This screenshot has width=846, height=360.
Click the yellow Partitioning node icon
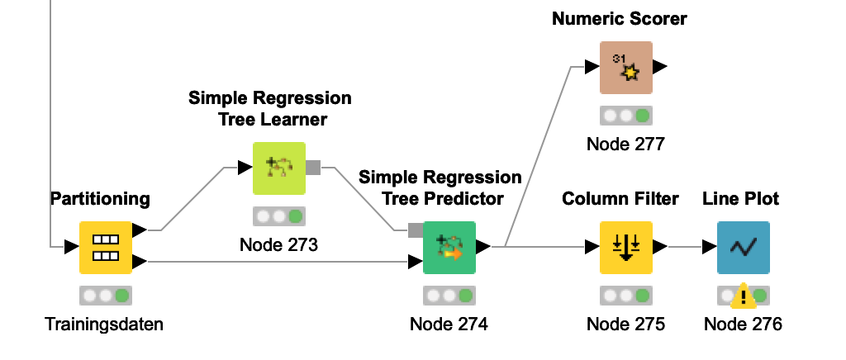coord(106,247)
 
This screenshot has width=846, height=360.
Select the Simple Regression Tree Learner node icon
coord(279,168)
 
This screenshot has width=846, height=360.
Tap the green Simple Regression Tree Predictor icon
coord(449,247)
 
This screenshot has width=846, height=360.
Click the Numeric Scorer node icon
coord(626,68)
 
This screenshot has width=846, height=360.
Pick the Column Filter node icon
coord(626,247)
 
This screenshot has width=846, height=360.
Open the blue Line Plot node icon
coord(743,247)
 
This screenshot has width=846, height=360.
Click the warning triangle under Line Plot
coord(744,295)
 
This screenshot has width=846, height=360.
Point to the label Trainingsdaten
coord(104,324)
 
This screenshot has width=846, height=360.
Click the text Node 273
coord(278,245)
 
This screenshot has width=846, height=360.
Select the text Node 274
coord(449,324)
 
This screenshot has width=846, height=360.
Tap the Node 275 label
coord(625,324)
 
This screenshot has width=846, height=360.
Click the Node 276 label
coord(743,324)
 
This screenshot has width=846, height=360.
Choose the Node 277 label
coord(625,144)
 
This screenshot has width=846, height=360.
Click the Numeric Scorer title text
coord(620,18)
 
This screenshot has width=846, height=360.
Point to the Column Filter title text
coord(620,199)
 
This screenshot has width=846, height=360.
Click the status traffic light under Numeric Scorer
coord(626,116)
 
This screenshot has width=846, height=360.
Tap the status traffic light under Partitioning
coord(106,295)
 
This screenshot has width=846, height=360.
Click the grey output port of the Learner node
coord(313,168)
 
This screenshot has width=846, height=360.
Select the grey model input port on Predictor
coord(416,230)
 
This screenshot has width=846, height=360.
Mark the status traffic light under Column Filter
coord(626,295)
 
